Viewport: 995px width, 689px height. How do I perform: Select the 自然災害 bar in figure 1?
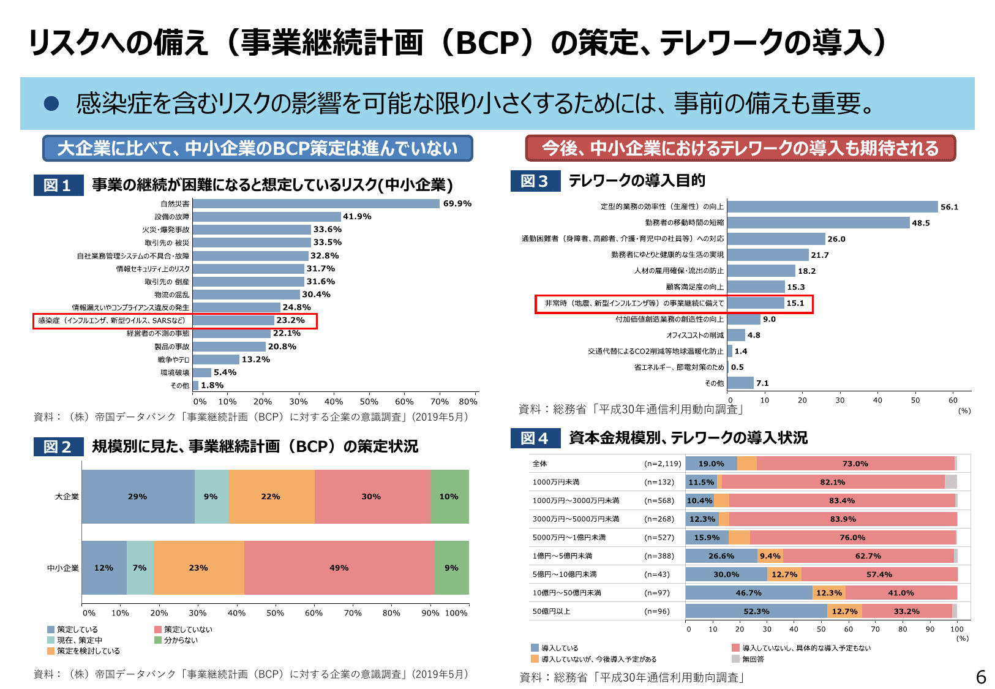click(316, 204)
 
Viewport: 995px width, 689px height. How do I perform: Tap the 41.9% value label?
click(357, 217)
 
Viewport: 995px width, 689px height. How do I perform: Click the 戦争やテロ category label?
click(173, 360)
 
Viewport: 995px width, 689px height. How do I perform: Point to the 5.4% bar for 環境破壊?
click(202, 372)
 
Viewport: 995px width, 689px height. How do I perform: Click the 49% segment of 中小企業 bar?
click(339, 568)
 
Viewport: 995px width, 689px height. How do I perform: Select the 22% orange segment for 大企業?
click(271, 497)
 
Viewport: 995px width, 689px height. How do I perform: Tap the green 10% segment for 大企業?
click(449, 497)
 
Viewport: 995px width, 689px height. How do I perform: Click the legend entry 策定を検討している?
click(88, 651)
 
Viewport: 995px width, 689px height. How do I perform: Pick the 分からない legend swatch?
click(158, 640)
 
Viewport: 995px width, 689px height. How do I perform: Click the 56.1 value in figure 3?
click(949, 207)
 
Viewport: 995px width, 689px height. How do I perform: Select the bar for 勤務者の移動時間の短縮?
click(818, 223)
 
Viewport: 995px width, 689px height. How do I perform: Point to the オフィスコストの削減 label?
click(694, 335)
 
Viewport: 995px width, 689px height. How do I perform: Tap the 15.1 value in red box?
click(795, 303)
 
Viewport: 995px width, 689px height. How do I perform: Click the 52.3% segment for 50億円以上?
click(756, 611)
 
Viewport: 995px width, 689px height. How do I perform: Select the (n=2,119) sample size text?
click(663, 464)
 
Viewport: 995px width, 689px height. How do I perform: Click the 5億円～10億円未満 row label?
click(564, 574)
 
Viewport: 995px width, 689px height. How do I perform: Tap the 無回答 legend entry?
click(753, 659)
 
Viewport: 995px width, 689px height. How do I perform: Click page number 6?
click(980, 677)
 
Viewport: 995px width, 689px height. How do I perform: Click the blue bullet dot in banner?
click(51, 104)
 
